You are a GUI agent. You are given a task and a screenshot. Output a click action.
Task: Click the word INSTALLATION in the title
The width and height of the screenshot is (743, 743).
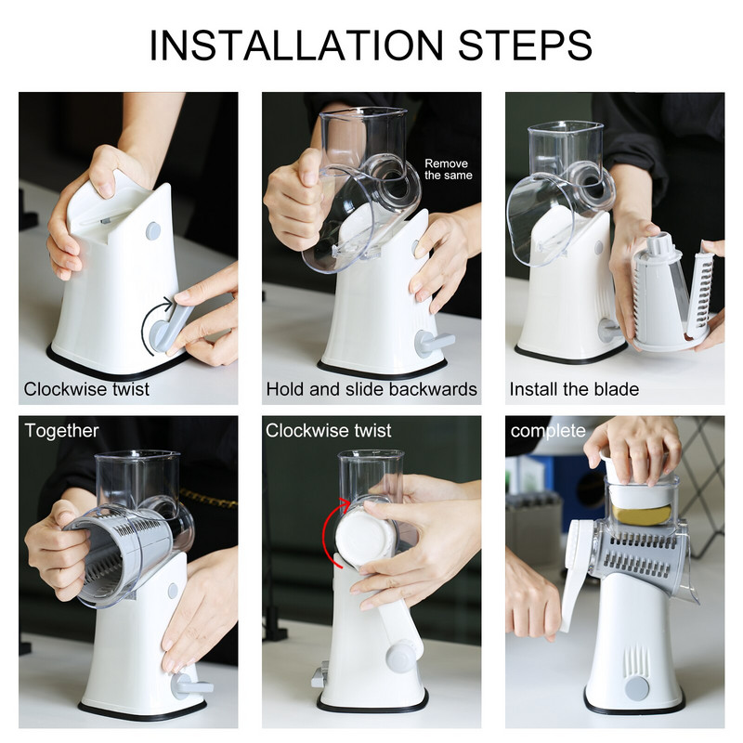[296, 45]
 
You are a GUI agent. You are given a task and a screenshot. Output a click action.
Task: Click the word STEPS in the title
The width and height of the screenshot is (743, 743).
[525, 45]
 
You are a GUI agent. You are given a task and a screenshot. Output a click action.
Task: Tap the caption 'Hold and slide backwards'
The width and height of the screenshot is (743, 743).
[371, 389]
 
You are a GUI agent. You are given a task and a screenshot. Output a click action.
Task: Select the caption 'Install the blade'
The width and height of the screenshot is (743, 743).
[574, 389]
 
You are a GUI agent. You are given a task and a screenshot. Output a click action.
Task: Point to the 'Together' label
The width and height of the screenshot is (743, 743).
[61, 431]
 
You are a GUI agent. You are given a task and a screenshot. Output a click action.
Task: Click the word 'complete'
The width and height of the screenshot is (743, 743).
[548, 431]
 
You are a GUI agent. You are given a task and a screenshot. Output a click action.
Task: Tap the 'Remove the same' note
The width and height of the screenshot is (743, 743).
[449, 169]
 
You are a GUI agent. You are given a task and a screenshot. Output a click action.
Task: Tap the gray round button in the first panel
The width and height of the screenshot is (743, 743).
[152, 230]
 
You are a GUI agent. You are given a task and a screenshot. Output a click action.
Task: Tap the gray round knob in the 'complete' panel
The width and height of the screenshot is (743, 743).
[636, 688]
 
